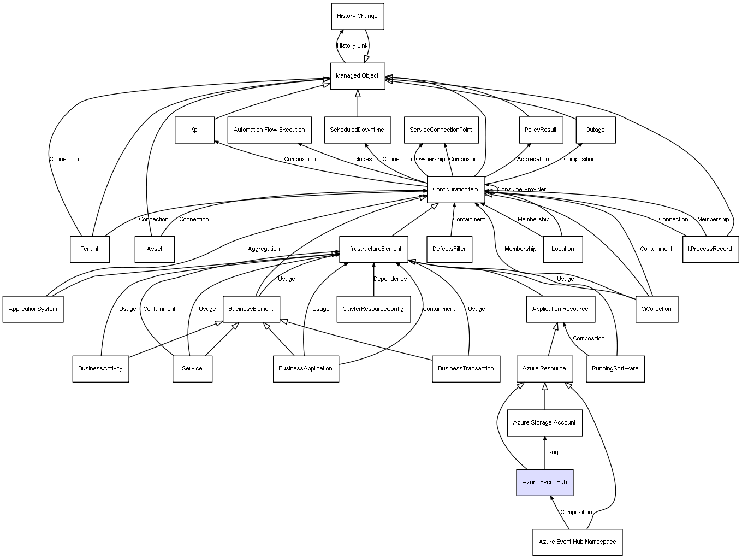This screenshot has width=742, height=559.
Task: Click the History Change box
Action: [x=357, y=16]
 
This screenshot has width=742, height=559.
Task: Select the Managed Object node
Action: [x=357, y=76]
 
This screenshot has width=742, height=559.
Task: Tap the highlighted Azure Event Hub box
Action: [x=544, y=482]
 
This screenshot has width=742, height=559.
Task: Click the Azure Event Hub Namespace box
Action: [x=577, y=542]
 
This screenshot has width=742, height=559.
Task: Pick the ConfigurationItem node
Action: [x=456, y=190]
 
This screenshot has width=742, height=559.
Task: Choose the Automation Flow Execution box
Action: [x=269, y=130]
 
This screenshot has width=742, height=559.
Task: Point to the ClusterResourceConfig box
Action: [x=373, y=309]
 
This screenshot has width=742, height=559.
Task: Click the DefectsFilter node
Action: [x=449, y=249]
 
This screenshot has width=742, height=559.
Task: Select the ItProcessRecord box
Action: [x=710, y=249]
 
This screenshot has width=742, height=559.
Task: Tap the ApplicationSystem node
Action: [x=33, y=309]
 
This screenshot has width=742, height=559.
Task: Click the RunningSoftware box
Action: [x=615, y=369]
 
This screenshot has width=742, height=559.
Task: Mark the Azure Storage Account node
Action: [x=544, y=423]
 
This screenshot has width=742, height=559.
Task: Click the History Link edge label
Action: [x=352, y=46]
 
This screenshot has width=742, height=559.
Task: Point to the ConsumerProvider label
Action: [x=521, y=190]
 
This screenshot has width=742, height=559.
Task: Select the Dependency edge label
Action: [x=390, y=279]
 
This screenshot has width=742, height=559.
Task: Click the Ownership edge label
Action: [x=430, y=159]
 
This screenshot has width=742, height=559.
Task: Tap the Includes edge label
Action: [x=361, y=159]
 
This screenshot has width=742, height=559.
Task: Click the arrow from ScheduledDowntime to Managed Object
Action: [x=358, y=103]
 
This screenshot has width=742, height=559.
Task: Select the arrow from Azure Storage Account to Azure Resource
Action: [x=544, y=396]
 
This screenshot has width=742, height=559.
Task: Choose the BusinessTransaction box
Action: [x=466, y=369]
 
